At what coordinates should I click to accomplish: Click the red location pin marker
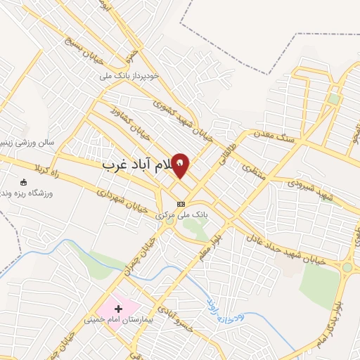(181, 165)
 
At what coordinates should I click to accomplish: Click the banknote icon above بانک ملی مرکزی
(181, 204)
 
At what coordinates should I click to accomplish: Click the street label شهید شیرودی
(313, 188)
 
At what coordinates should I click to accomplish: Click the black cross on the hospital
(118, 308)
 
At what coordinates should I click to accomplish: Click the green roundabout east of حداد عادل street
(347, 267)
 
